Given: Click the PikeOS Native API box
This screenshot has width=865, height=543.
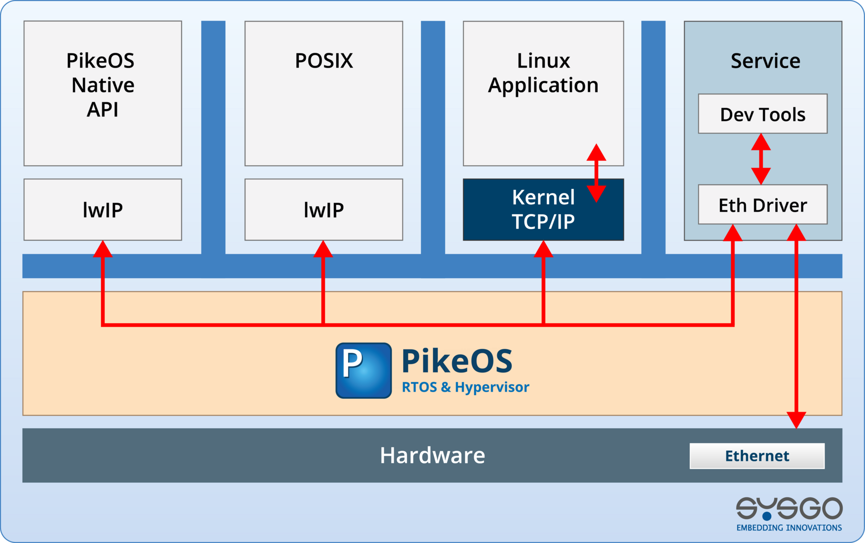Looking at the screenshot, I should [x=102, y=93].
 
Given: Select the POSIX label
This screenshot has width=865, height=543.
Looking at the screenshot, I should [x=323, y=61].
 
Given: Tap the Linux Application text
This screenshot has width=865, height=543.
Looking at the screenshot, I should [x=543, y=73].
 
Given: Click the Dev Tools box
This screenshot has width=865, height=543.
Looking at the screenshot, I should [x=762, y=114].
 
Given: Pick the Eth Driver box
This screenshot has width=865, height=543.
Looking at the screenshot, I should [x=762, y=205].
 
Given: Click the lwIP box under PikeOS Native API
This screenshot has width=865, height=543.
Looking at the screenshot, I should [x=102, y=210].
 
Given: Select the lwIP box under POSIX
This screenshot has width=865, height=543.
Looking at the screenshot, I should [x=323, y=210].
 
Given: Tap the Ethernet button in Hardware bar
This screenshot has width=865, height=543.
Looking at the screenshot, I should [x=757, y=456].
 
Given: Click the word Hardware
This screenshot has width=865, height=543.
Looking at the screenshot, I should [x=432, y=455].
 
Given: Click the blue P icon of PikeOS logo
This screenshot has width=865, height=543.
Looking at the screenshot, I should [x=363, y=370].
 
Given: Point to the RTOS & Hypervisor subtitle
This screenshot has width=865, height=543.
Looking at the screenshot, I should [x=465, y=387].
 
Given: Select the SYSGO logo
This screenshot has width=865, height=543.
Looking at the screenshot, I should [x=789, y=508].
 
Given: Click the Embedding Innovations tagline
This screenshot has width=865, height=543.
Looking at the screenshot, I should [x=789, y=528].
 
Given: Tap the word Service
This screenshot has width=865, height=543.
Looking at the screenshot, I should [x=765, y=61].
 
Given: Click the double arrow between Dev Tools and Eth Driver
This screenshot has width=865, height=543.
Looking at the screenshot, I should [x=761, y=159].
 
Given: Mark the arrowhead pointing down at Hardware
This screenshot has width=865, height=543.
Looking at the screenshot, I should [x=796, y=420].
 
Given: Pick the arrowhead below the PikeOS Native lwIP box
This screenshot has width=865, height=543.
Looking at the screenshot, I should [x=102, y=249].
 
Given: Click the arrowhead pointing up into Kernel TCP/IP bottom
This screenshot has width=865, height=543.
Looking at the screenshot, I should [x=543, y=249].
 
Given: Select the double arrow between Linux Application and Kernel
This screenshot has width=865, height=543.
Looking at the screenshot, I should [x=596, y=173].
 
